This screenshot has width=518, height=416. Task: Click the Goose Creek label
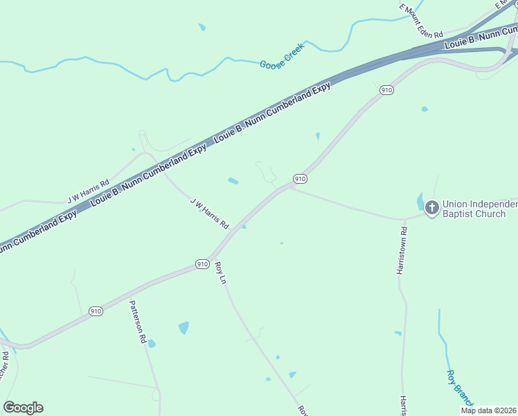(x=282, y=58)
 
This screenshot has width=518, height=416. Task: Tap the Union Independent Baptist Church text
(x=479, y=209)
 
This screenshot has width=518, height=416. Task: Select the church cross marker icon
(x=431, y=207)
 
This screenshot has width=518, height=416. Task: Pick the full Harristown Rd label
(x=402, y=250)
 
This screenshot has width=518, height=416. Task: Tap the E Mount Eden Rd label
(x=420, y=19)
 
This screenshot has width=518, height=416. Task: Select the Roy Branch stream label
(x=459, y=388)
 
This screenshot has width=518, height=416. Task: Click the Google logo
(x=23, y=408)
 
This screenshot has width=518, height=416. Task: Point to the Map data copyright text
(x=488, y=410)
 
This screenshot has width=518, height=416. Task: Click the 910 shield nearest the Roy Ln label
(x=202, y=264)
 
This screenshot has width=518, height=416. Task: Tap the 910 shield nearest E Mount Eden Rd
(x=386, y=90)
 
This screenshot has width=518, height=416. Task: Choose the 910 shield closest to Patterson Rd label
(x=96, y=311)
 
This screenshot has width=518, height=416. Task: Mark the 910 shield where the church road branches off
(x=299, y=178)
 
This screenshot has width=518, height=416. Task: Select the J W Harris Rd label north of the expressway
(x=89, y=192)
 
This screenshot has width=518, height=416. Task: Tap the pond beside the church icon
(x=420, y=202)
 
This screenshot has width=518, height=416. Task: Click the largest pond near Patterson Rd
(x=184, y=327)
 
